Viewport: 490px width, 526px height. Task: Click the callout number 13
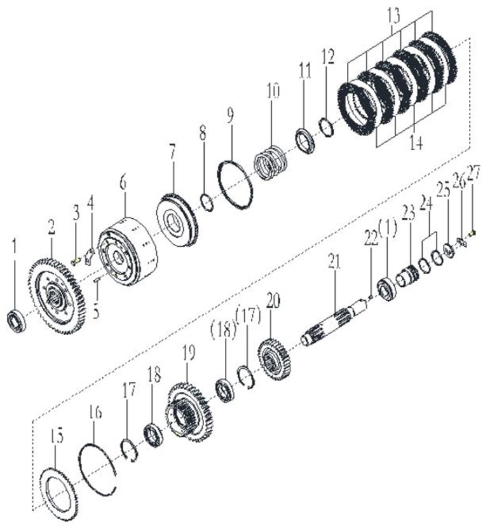click(x=393, y=16)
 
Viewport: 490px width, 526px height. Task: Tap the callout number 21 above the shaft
click(x=334, y=262)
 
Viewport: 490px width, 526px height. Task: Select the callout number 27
click(x=474, y=173)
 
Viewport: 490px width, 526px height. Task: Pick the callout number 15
click(x=57, y=436)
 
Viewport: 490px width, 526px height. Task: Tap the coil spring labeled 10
click(x=271, y=163)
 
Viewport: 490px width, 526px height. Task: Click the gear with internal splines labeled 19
click(x=189, y=412)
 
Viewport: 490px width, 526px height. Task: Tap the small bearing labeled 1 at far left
click(x=17, y=321)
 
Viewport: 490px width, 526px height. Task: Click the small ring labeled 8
click(x=207, y=202)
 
